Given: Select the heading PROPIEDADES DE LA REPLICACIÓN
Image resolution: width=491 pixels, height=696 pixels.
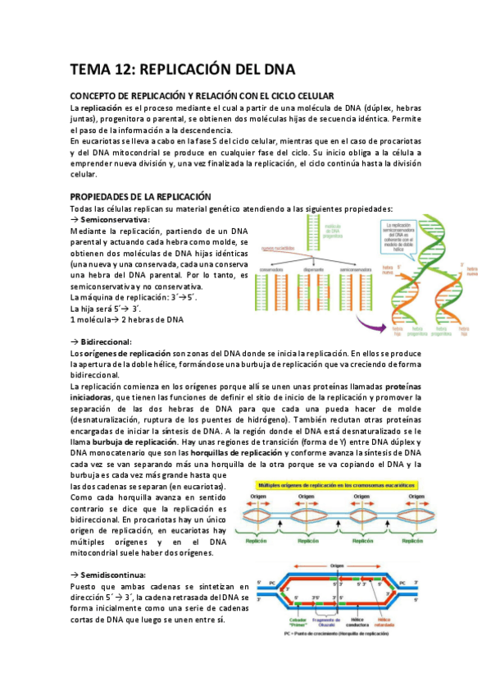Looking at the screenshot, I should [x=141, y=196].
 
